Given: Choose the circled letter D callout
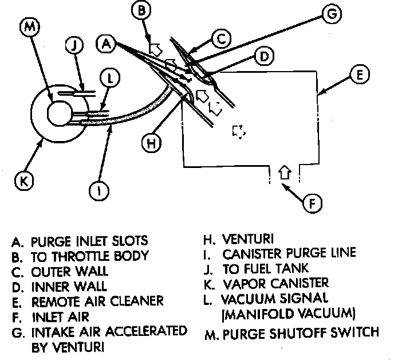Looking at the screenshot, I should pyautogui.click(x=263, y=57).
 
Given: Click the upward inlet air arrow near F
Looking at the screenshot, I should pyautogui.click(x=285, y=171).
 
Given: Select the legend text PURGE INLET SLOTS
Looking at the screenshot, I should pyautogui.click(x=86, y=240).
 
